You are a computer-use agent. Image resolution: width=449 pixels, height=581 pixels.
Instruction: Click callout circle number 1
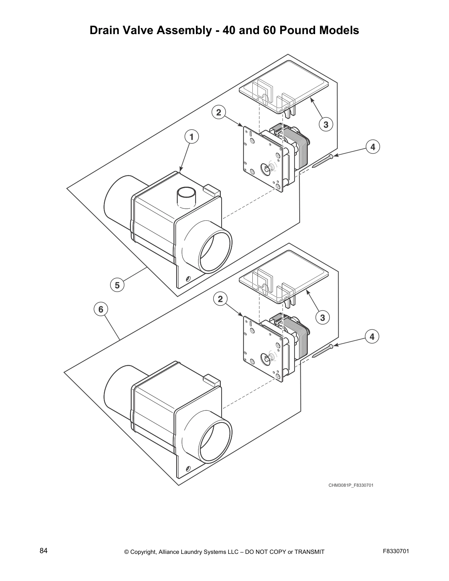click(191, 137)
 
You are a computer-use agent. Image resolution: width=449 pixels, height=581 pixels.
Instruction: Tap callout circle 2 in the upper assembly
click(219, 112)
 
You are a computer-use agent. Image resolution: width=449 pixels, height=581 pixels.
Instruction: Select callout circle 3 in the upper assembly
click(326, 124)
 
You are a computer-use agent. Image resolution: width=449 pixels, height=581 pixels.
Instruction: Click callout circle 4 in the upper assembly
click(373, 147)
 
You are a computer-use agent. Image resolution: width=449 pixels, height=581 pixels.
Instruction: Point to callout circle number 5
click(117, 285)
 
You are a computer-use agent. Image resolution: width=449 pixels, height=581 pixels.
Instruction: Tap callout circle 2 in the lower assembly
click(220, 299)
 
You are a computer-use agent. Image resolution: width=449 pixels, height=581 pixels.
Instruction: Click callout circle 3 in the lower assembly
click(322, 317)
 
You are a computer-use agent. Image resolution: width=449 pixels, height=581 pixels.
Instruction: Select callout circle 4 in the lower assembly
click(372, 336)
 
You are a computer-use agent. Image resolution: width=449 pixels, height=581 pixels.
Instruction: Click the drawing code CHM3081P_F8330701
click(350, 485)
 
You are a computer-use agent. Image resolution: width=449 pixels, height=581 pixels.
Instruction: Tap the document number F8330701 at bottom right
click(396, 551)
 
